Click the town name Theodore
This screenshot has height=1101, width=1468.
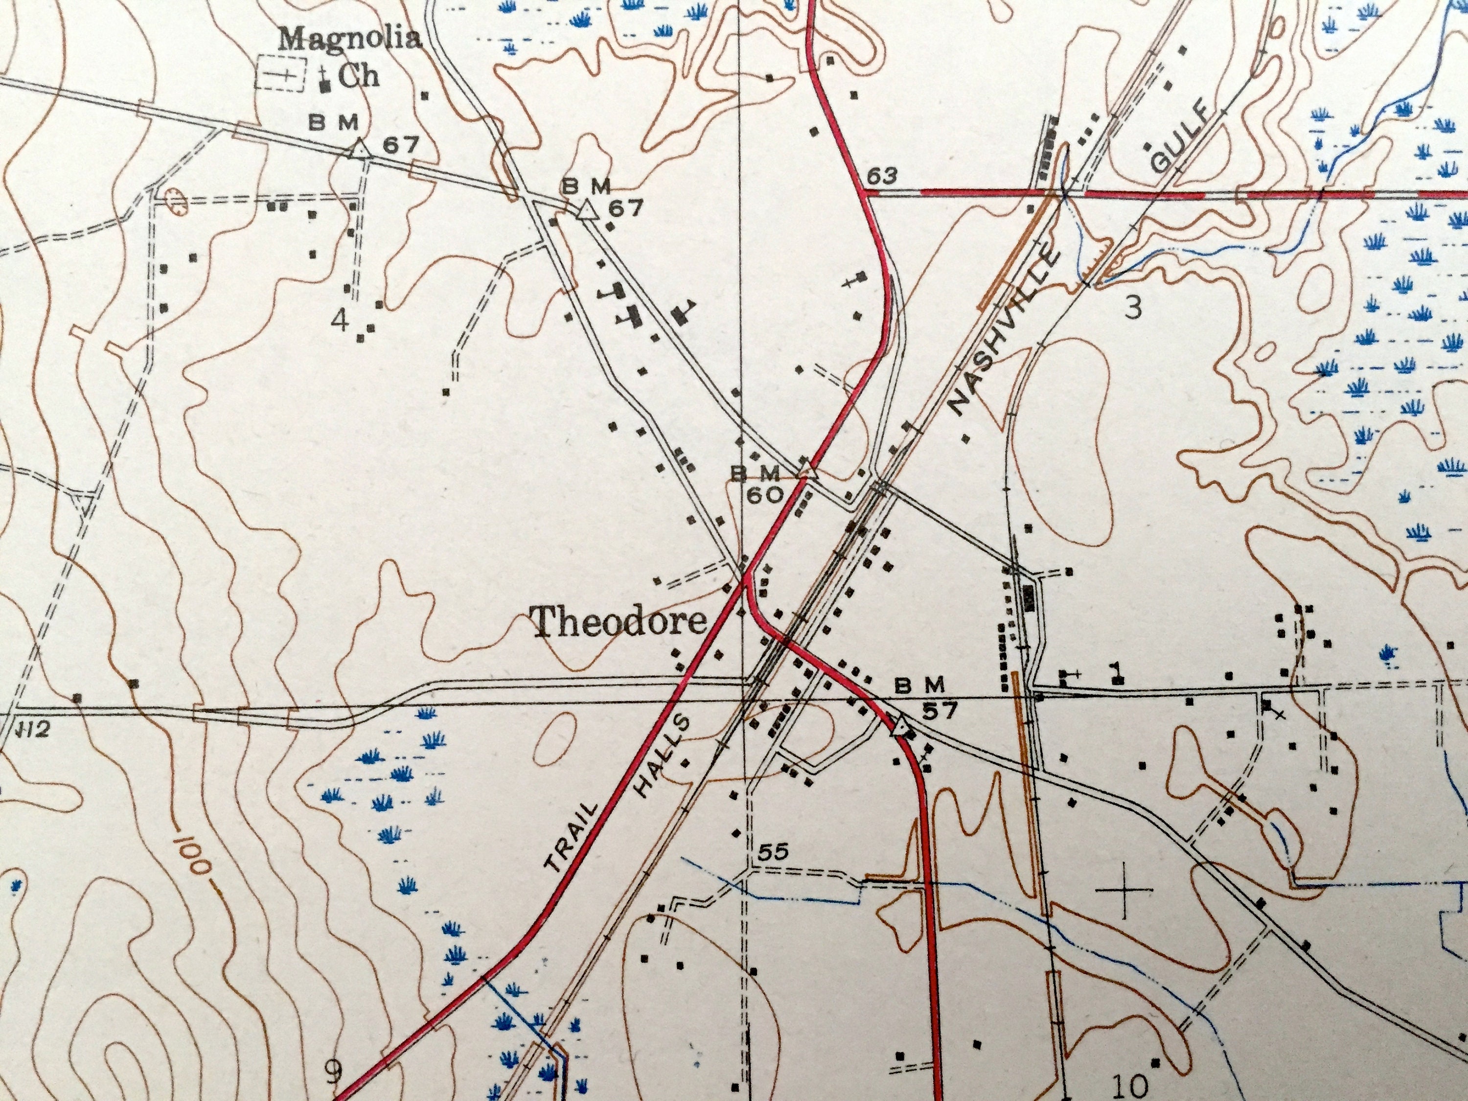pyautogui.click(x=619, y=622)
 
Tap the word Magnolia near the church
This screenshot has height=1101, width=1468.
pyautogui.click(x=350, y=38)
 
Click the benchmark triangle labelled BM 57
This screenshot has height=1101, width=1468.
pyautogui.click(x=900, y=725)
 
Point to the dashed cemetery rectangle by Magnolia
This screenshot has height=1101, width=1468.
pyautogui.click(x=281, y=74)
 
